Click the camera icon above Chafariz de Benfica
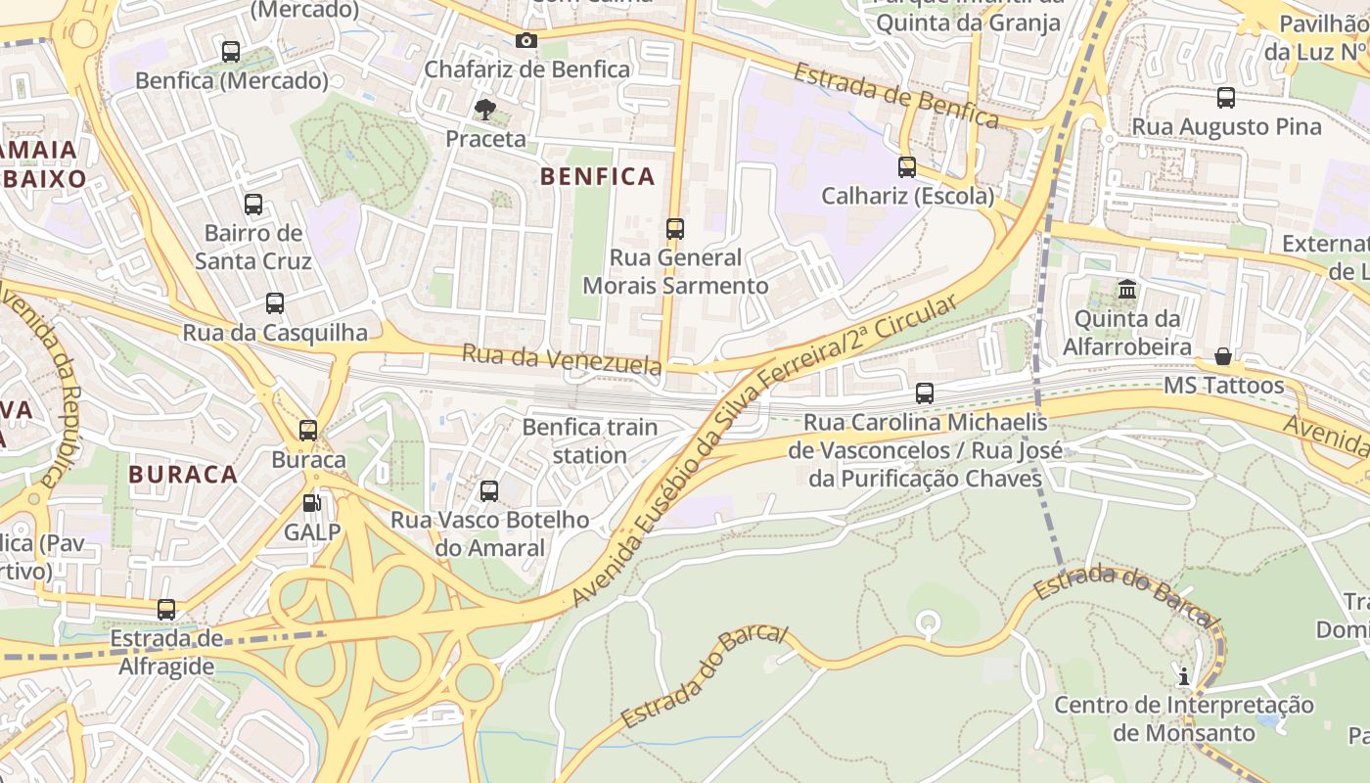pos(526,40)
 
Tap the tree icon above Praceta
pos(484,110)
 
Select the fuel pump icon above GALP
pos(312,503)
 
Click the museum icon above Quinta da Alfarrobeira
pos(1127,290)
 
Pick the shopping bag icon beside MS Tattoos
pos(1223,355)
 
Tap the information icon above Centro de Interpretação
pos(1184,675)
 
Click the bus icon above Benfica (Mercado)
pos(231,52)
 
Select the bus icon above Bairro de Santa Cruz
pos(253,205)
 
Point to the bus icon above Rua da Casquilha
pos(275,303)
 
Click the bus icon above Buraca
pos(308,430)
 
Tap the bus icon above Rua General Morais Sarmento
pos(675,229)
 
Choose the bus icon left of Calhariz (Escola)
pos(907,167)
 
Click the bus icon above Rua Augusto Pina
pos(1226,98)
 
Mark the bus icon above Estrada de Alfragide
pos(166,610)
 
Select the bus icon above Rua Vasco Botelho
pos(489,491)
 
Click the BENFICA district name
pos(597,176)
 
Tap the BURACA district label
pos(183,475)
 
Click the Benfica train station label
pos(590,441)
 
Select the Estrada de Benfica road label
pos(895,96)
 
